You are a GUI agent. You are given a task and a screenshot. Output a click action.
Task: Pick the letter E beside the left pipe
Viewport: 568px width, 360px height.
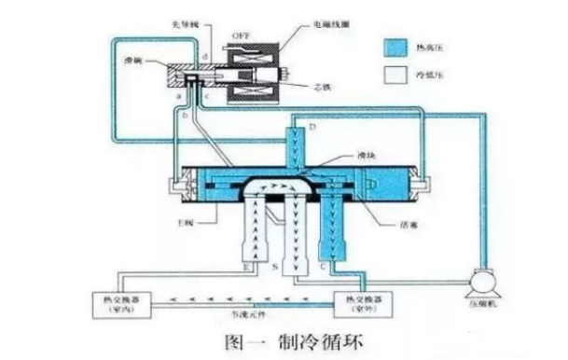coord(246,268)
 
